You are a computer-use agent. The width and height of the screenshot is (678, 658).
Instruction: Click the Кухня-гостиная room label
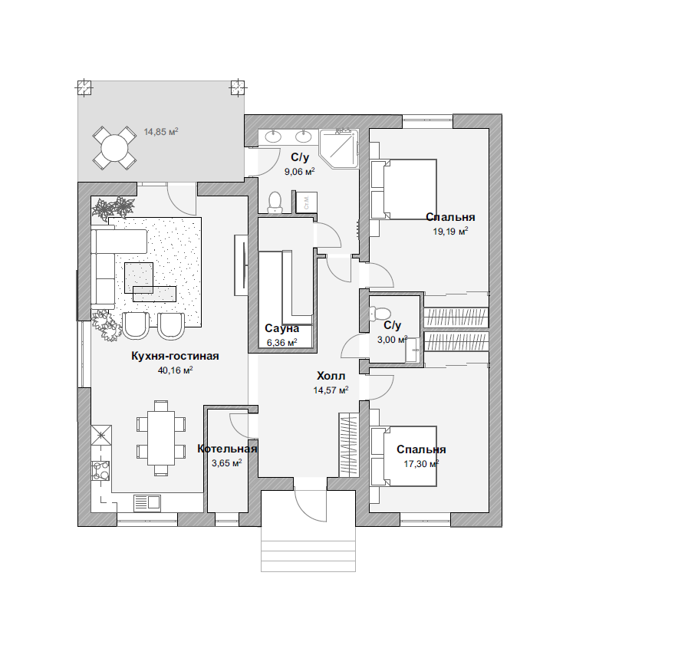(175, 357)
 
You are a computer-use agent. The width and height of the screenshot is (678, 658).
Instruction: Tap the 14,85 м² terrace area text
(161, 131)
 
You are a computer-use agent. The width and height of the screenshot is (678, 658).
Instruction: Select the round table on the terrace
(114, 148)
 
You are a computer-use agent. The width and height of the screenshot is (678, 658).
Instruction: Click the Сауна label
(282, 328)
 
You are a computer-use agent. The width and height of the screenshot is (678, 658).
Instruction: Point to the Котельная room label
(227, 449)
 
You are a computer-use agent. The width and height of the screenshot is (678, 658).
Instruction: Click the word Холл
(331, 375)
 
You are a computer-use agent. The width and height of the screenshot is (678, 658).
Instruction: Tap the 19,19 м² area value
(450, 232)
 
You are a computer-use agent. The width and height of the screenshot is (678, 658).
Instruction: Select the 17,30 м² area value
(421, 464)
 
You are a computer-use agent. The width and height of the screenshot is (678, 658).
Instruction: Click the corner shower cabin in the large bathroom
(339, 148)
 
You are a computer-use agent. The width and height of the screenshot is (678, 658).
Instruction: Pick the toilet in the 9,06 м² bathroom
(275, 202)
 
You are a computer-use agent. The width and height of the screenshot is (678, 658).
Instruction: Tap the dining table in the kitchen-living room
(161, 438)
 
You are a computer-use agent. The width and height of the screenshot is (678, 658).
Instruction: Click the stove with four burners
(101, 471)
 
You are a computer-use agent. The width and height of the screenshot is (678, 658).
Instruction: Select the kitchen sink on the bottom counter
(147, 502)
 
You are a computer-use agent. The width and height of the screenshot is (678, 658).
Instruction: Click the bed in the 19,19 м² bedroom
(403, 189)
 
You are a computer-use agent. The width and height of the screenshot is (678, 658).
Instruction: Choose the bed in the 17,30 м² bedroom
(403, 456)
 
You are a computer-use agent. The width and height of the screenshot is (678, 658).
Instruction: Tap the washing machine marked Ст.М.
(307, 202)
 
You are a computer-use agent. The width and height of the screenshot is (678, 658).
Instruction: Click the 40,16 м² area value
(175, 370)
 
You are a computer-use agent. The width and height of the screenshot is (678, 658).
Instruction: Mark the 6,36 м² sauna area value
(282, 343)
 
